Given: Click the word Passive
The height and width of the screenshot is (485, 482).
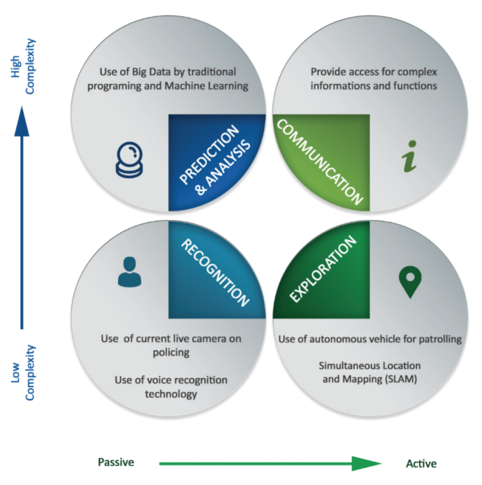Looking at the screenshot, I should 116,463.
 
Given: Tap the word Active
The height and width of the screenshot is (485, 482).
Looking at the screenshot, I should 421,463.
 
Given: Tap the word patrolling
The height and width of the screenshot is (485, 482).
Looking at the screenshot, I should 436,339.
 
